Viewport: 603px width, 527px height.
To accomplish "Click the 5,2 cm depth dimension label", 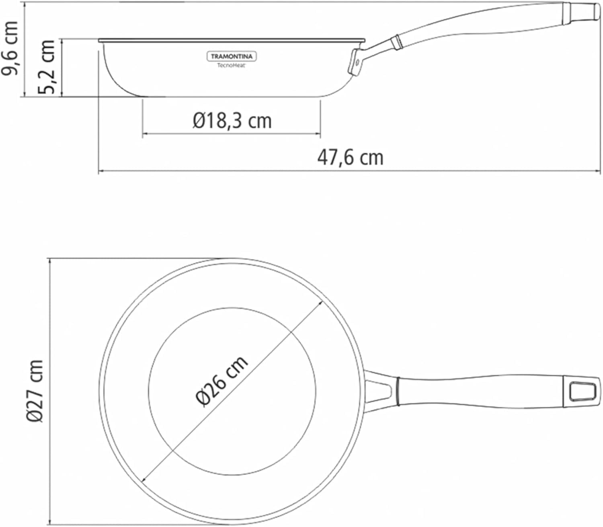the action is [x=47, y=67].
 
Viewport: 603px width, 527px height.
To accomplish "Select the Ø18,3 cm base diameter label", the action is [x=232, y=121].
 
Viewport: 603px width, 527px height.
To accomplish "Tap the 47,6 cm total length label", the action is [x=351, y=158].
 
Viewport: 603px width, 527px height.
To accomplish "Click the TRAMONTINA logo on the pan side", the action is [x=232, y=57].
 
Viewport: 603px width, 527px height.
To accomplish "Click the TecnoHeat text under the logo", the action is [x=232, y=66].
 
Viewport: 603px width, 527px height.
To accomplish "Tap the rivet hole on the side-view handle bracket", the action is [x=357, y=62].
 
